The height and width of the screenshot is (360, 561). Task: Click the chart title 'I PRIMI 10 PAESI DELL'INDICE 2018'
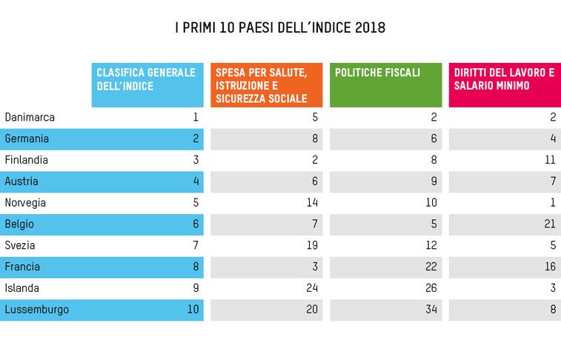(280, 28)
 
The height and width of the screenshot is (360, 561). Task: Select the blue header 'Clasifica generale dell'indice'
(147, 79)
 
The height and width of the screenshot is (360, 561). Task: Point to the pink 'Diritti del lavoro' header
(504, 79)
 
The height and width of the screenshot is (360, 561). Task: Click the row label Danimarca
(30, 117)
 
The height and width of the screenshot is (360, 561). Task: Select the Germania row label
(27, 139)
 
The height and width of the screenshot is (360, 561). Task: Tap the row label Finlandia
(27, 160)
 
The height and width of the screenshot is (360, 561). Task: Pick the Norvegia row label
(25, 203)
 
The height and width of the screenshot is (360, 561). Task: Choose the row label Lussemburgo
(37, 310)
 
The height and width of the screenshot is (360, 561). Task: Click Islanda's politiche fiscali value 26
(431, 288)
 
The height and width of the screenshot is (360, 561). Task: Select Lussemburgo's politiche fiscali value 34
(431, 310)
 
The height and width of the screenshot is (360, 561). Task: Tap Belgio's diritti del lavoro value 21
(550, 224)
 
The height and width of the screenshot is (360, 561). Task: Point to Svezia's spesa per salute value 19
(312, 245)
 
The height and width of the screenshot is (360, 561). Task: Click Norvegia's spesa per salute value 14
(312, 203)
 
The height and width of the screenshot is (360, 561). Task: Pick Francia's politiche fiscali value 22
(431, 267)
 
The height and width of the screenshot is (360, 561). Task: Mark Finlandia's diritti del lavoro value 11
(550, 160)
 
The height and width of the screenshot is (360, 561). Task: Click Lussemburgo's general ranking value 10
(193, 310)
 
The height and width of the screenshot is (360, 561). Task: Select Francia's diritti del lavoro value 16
(550, 267)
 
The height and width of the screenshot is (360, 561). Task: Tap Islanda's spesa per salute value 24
(312, 288)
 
